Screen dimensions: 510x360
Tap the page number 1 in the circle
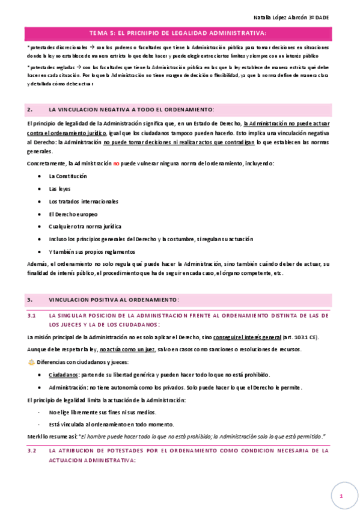click(x=341, y=496)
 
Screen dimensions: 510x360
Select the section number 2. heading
click(x=30, y=110)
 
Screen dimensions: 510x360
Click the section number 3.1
click(x=32, y=315)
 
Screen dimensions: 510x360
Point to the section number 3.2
click(x=32, y=450)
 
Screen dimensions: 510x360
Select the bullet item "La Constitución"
click(x=68, y=176)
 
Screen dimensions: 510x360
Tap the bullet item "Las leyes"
click(x=59, y=189)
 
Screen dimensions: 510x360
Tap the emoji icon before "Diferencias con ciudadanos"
click(x=31, y=362)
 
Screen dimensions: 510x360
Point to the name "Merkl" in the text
click(x=35, y=436)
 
